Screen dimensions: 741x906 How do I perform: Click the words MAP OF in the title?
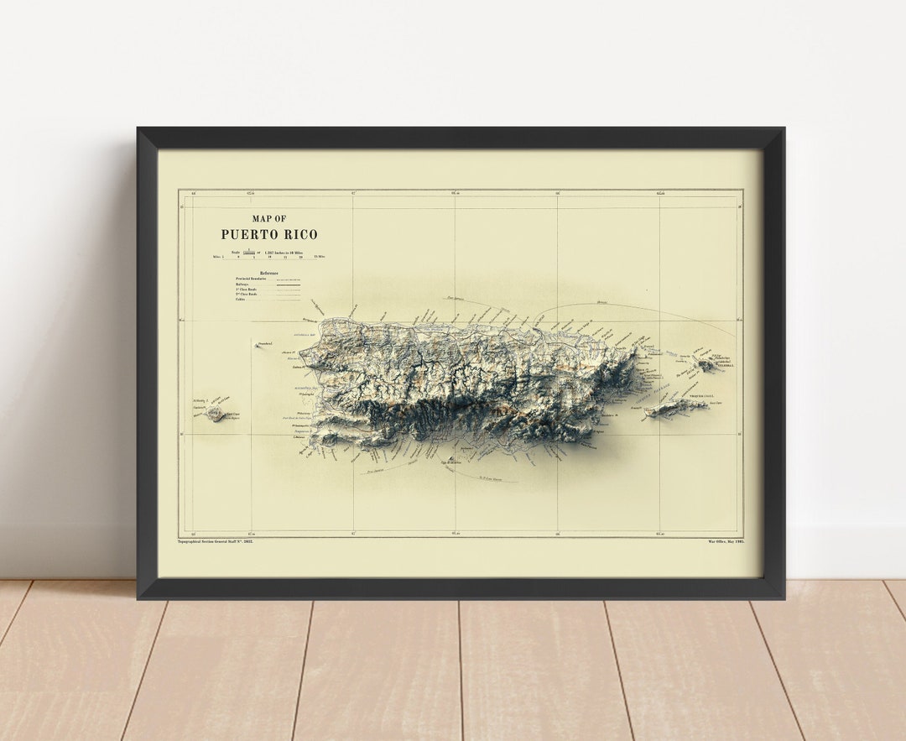coord(269,219)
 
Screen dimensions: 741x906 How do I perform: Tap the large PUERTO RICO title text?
coord(269,235)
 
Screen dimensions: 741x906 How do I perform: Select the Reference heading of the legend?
coord(268,274)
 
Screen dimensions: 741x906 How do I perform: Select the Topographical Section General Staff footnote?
coord(216,541)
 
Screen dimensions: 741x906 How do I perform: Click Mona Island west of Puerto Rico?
coord(216,414)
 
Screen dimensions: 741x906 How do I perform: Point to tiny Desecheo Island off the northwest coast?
coord(258,345)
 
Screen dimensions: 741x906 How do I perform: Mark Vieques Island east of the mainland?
coord(675,408)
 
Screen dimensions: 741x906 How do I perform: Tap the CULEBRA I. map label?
coord(723,366)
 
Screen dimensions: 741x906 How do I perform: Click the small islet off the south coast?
coord(451,458)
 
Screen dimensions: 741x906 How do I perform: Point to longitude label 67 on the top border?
coord(353,194)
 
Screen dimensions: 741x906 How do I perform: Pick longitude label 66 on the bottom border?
coord(557,534)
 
